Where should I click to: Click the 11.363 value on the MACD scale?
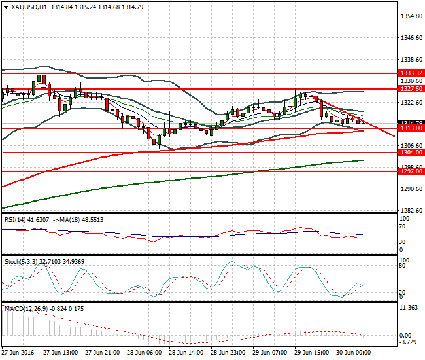[x=411, y=308]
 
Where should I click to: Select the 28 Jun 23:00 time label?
[x=229, y=352]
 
